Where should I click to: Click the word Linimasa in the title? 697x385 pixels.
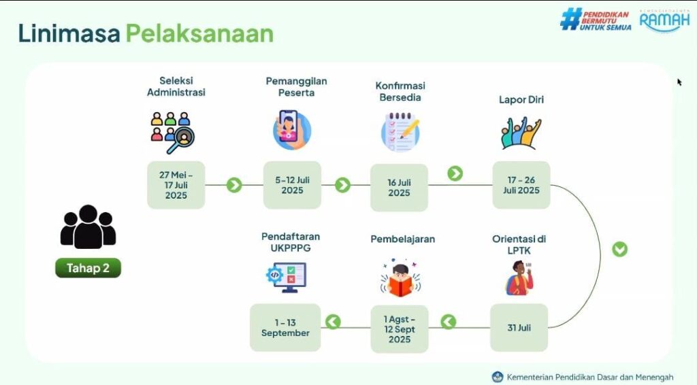click(69, 34)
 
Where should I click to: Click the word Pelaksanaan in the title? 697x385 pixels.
click(199, 34)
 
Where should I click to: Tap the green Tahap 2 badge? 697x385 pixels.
click(88, 268)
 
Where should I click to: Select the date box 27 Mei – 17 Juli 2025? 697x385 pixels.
click(176, 185)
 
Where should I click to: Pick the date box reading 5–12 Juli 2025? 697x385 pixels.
click(292, 185)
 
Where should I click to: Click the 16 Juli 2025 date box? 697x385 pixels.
click(399, 187)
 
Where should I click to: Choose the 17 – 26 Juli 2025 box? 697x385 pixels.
click(521, 185)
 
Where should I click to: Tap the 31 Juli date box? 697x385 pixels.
click(519, 328)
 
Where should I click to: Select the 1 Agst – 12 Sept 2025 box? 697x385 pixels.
click(400, 329)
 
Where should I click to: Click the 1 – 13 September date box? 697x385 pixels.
click(285, 328)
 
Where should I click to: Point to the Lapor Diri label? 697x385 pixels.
click(521, 99)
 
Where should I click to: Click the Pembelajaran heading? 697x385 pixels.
click(403, 239)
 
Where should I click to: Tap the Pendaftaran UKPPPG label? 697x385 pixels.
click(291, 242)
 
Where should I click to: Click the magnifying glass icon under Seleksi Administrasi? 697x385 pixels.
click(181, 139)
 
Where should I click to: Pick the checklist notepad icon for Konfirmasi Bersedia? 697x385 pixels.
click(400, 132)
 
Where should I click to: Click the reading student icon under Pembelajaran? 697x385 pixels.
click(400, 279)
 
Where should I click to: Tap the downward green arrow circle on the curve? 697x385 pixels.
click(619, 249)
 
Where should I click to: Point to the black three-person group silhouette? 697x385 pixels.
click(88, 227)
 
